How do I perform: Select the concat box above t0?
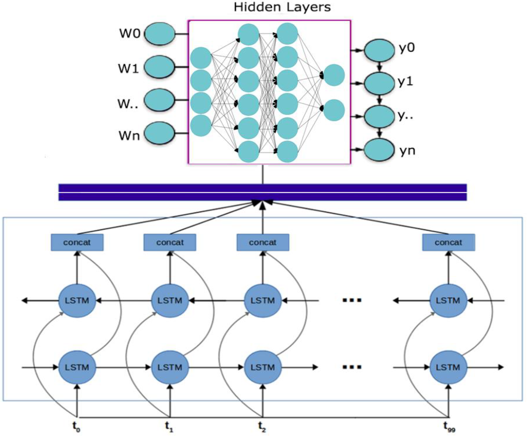click(77, 242)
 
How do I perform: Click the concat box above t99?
click(448, 242)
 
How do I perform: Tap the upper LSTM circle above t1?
click(170, 301)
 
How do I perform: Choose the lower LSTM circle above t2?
click(263, 367)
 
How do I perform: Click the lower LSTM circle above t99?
click(448, 367)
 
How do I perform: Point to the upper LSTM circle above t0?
click(77, 301)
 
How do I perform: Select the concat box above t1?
click(170, 242)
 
